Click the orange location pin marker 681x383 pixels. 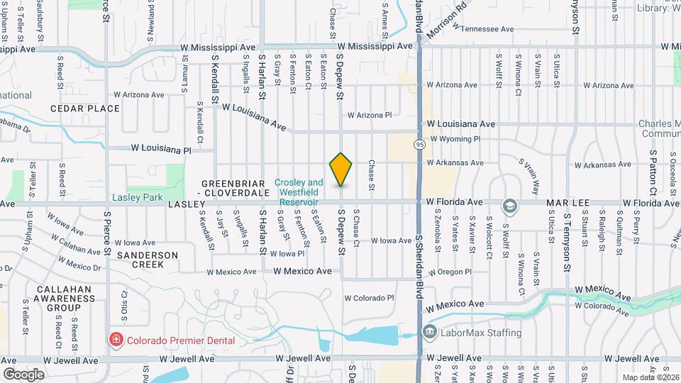click(x=341, y=170)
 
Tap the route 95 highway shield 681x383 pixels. click(x=420, y=145)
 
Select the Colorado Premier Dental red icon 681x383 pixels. click(x=115, y=340)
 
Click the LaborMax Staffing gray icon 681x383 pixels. click(x=429, y=332)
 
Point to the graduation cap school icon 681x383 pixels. click(x=509, y=206)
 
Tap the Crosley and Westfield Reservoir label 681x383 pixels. click(x=300, y=191)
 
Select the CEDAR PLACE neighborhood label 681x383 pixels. click(x=84, y=109)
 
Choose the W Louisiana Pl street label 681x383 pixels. click(x=161, y=150)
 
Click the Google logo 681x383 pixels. click(x=23, y=374)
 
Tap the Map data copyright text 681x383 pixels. click(x=648, y=377)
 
